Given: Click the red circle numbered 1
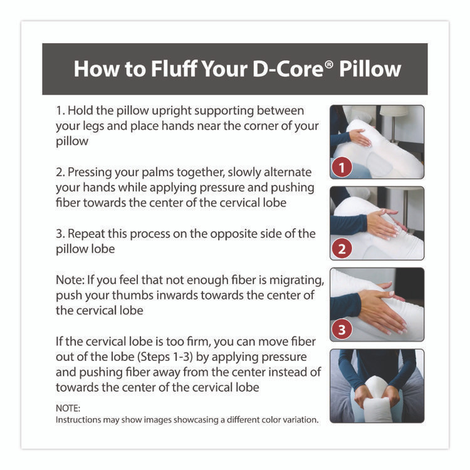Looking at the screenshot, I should pyautogui.click(x=341, y=168).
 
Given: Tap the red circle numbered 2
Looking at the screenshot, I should pyautogui.click(x=341, y=249).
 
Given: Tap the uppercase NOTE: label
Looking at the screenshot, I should pyautogui.click(x=68, y=408).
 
